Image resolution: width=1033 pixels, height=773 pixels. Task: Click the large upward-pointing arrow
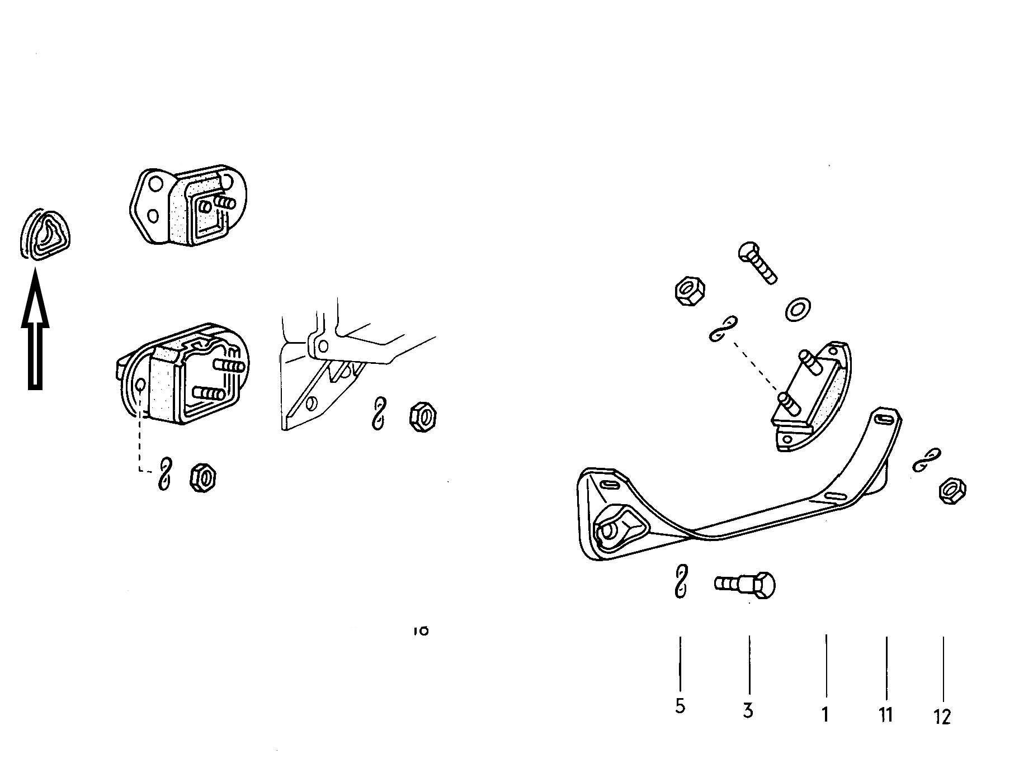click(x=35, y=330)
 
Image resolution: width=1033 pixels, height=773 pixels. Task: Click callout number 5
click(x=680, y=706)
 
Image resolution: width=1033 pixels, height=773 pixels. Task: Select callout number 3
click(x=748, y=711)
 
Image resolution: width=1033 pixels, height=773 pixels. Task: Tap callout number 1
click(x=825, y=714)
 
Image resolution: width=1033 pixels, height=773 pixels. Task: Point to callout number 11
click(x=886, y=714)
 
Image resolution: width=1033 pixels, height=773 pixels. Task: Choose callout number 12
click(x=942, y=717)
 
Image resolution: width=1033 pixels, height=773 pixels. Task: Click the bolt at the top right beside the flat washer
click(x=757, y=263)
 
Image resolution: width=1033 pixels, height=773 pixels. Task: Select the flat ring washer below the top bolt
click(x=799, y=309)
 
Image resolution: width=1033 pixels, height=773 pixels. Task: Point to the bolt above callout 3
click(x=746, y=585)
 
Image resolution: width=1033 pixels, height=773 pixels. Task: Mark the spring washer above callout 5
click(x=681, y=582)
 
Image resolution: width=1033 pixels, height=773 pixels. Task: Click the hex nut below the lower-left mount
click(x=204, y=478)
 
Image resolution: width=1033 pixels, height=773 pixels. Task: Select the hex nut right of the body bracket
click(x=423, y=416)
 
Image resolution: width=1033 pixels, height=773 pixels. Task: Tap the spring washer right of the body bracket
click(x=380, y=414)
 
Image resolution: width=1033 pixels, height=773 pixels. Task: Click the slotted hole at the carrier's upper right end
click(x=885, y=418)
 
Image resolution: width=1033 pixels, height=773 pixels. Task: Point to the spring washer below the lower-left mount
click(x=164, y=475)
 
